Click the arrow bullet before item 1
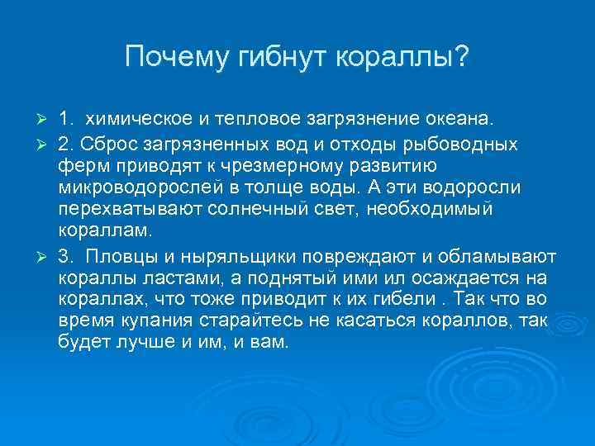pyautogui.click(x=46, y=121)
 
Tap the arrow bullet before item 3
pyautogui.click(x=46, y=254)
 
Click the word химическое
pyautogui.click(x=137, y=121)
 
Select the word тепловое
pyautogui.click(x=257, y=121)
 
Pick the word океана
pyautogui.click(x=454, y=121)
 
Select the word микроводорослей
pyautogui.click(x=140, y=187)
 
